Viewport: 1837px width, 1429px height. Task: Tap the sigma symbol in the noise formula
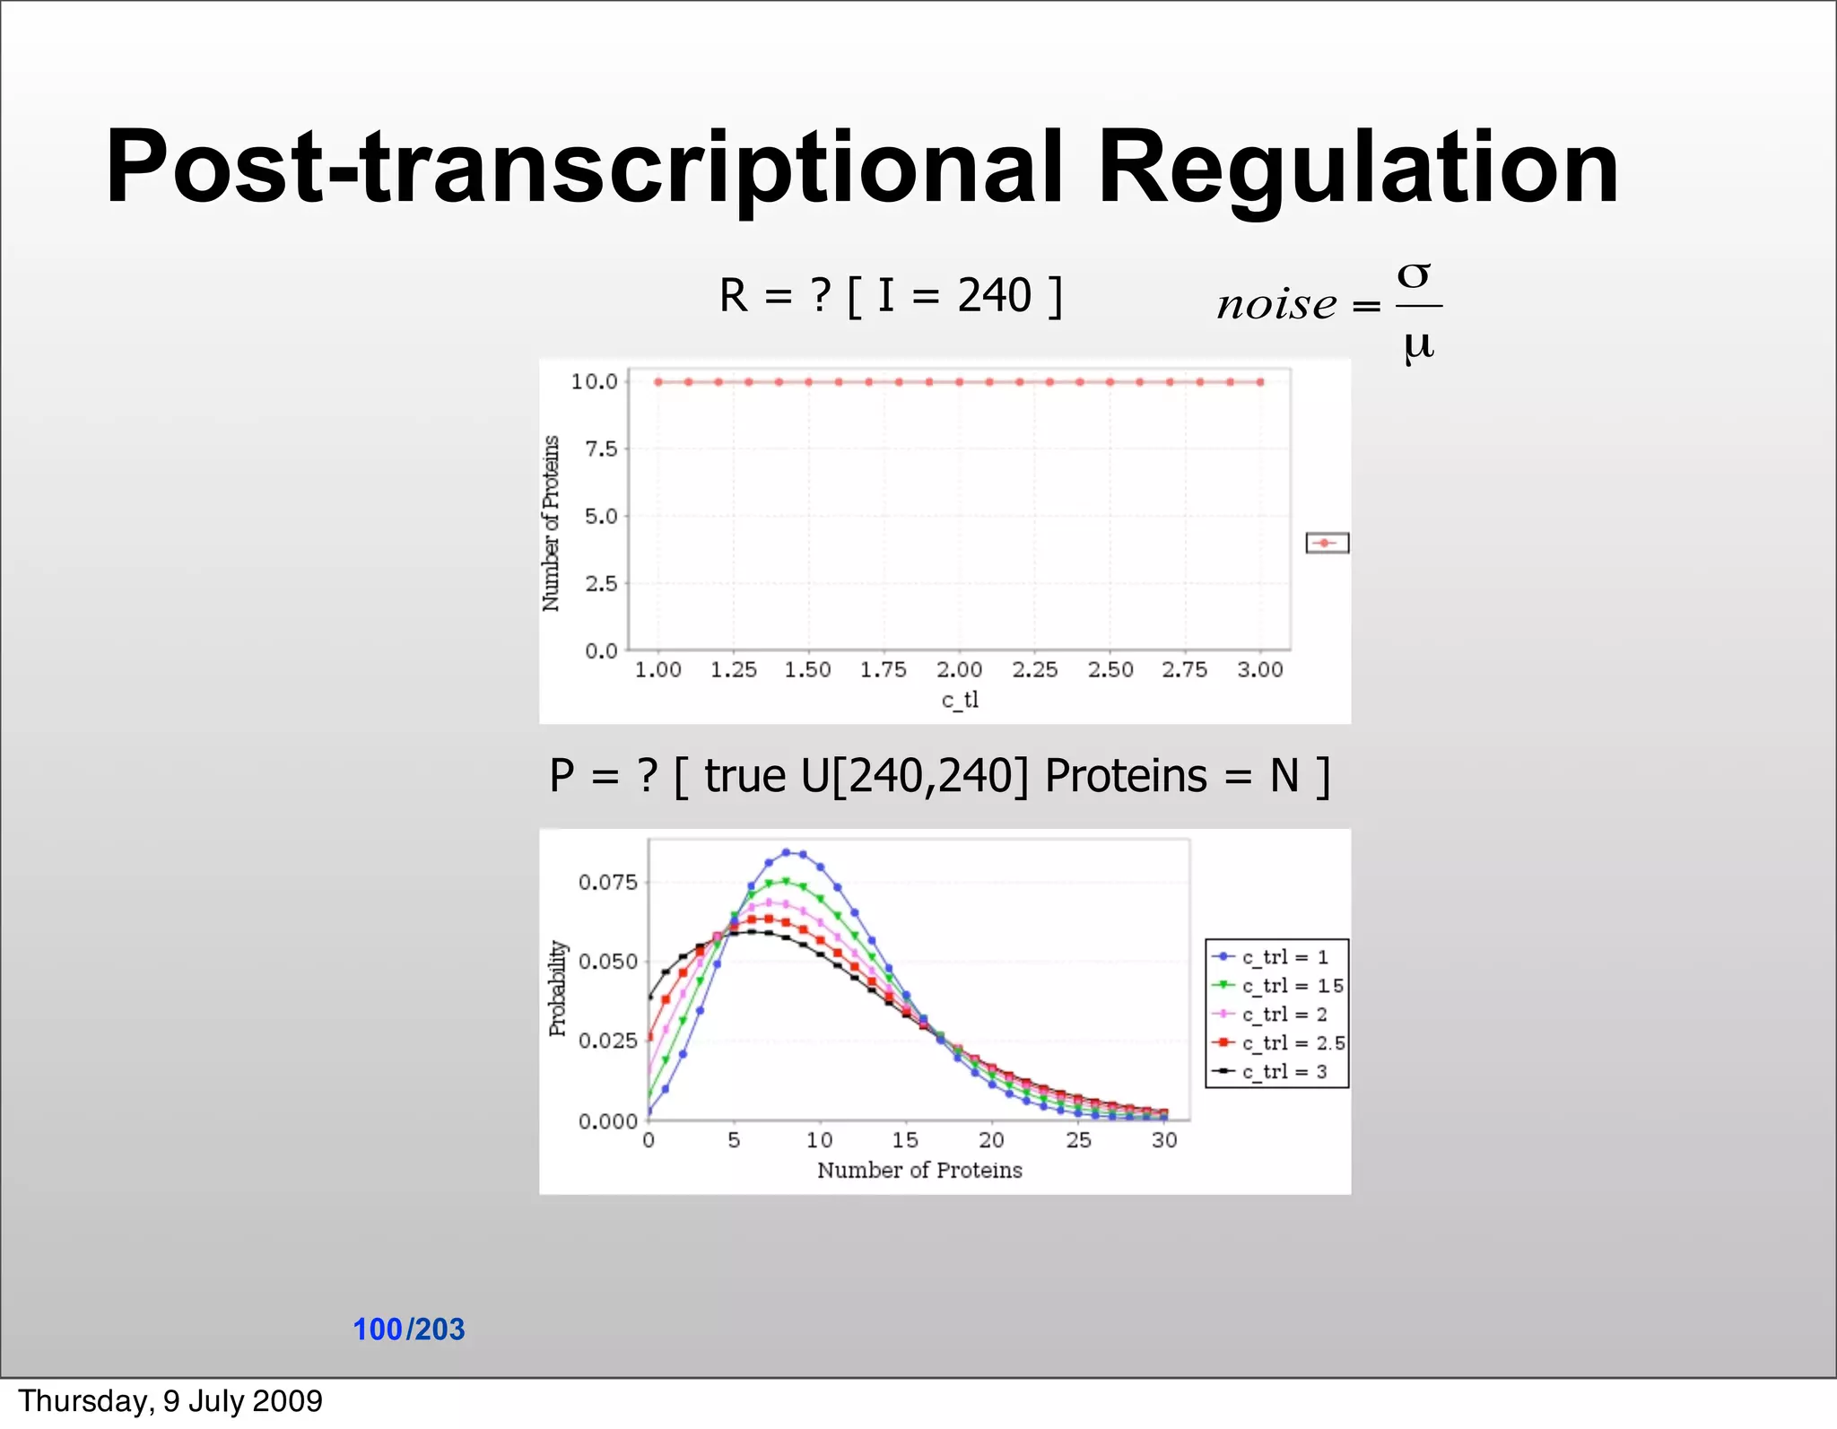point(1415,274)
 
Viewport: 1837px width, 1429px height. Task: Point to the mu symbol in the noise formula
point(1418,344)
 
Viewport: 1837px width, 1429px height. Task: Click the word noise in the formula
point(1276,305)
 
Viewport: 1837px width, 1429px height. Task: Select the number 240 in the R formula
point(994,295)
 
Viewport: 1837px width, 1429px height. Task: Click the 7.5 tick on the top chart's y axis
point(601,449)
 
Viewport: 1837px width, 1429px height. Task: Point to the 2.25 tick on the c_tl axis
point(1034,669)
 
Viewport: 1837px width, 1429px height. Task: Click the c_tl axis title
point(959,700)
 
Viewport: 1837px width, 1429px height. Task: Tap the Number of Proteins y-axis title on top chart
point(551,523)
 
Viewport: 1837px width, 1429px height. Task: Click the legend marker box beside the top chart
point(1327,543)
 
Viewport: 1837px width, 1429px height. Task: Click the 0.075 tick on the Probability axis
point(607,882)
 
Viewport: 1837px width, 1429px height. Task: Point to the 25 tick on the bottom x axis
point(1078,1140)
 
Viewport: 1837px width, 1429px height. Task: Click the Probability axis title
point(558,988)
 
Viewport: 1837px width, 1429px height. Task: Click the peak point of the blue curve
point(786,852)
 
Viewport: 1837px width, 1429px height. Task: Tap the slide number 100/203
point(409,1329)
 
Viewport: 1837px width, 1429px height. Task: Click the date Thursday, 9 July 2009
point(170,1401)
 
